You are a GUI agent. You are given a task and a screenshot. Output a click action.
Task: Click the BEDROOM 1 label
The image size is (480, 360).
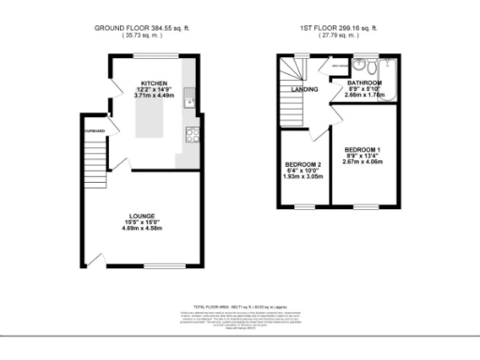[x=362, y=150]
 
